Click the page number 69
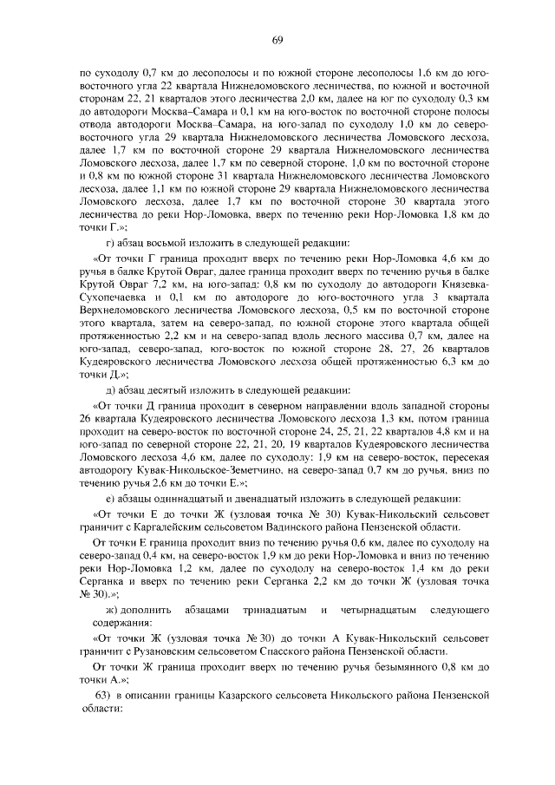pos(277,38)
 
